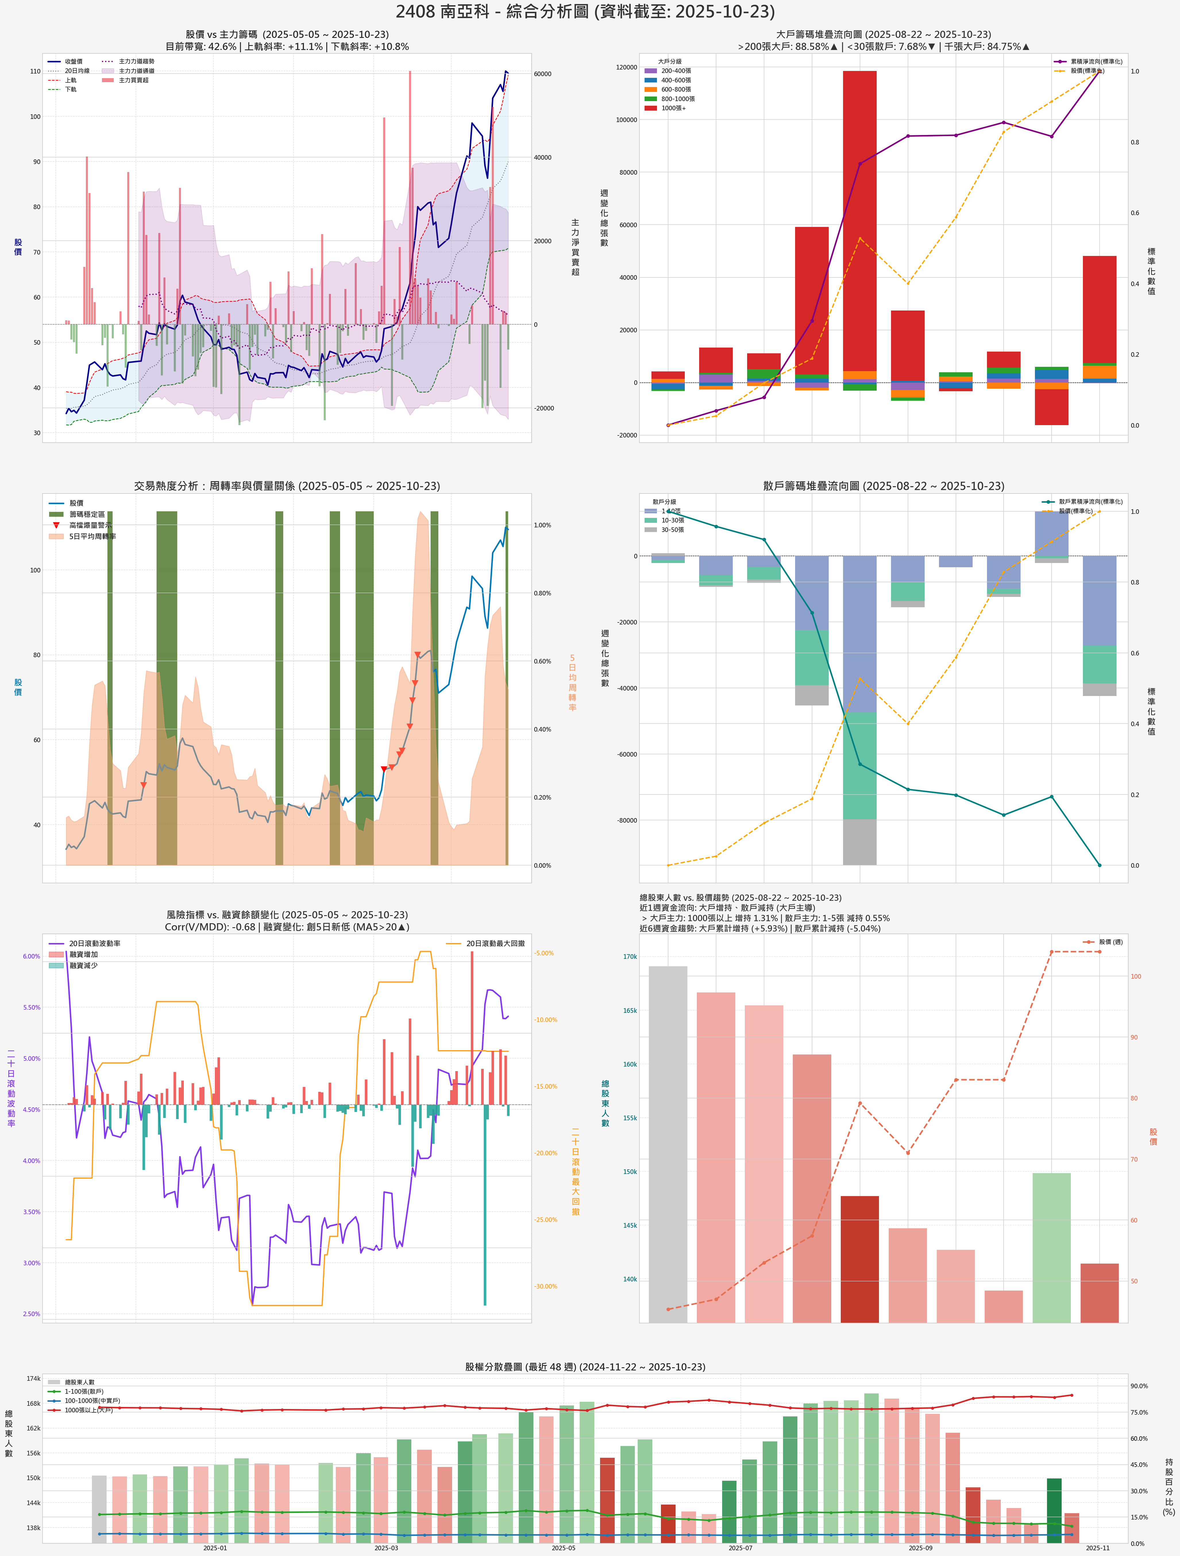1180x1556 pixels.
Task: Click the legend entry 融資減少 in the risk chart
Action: [83, 966]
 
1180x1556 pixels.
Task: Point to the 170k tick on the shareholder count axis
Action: [630, 957]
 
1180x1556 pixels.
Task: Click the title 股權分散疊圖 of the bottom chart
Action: [585, 1367]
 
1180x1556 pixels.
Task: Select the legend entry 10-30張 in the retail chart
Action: [672, 520]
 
